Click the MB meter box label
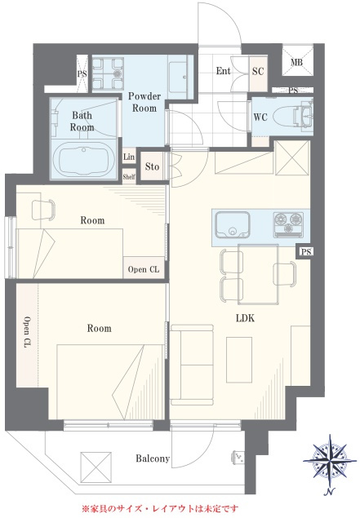coord(296,62)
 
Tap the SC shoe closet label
coord(258,71)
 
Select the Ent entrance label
coord(223,71)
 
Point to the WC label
coord(260,117)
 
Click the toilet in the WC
coord(295,117)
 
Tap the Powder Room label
coord(144,102)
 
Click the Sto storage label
coord(152,166)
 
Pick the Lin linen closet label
coord(129,157)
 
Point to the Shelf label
coord(129,177)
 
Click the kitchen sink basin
coord(233,225)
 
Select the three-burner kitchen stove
coord(288,225)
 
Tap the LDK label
coord(245,318)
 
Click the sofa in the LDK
coord(192,365)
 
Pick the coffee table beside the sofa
coord(239,360)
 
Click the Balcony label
coord(153,458)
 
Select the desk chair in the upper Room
coord(43,210)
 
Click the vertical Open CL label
coord(27,333)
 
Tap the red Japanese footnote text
coord(160,508)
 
